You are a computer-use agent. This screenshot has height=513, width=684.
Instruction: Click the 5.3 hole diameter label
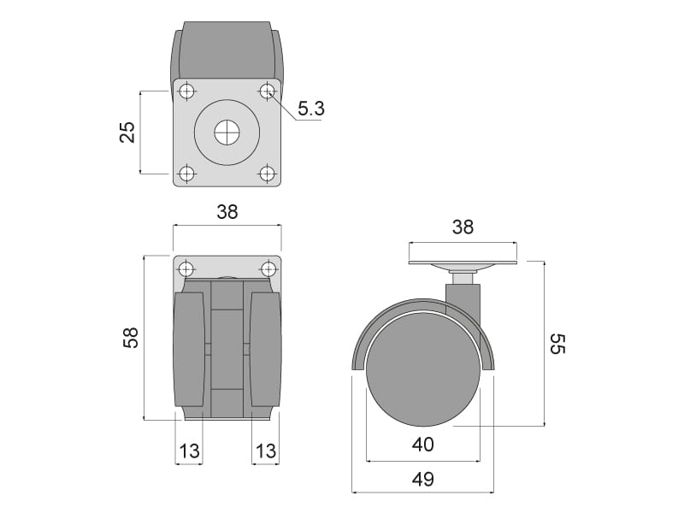(311, 109)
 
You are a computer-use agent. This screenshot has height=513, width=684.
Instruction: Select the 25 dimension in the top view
(127, 133)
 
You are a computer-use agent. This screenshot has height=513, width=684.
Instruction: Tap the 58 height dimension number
(131, 337)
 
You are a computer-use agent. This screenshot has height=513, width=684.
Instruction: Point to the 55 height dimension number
(557, 344)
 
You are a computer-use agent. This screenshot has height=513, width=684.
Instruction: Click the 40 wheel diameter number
(422, 445)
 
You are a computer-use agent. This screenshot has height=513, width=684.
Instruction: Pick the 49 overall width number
(422, 479)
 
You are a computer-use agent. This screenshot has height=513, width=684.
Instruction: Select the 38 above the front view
(227, 212)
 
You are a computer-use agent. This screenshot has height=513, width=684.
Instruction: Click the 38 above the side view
(463, 227)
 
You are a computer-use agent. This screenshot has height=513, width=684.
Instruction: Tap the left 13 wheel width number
(189, 451)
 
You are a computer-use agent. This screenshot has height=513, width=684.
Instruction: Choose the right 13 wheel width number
(266, 451)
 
